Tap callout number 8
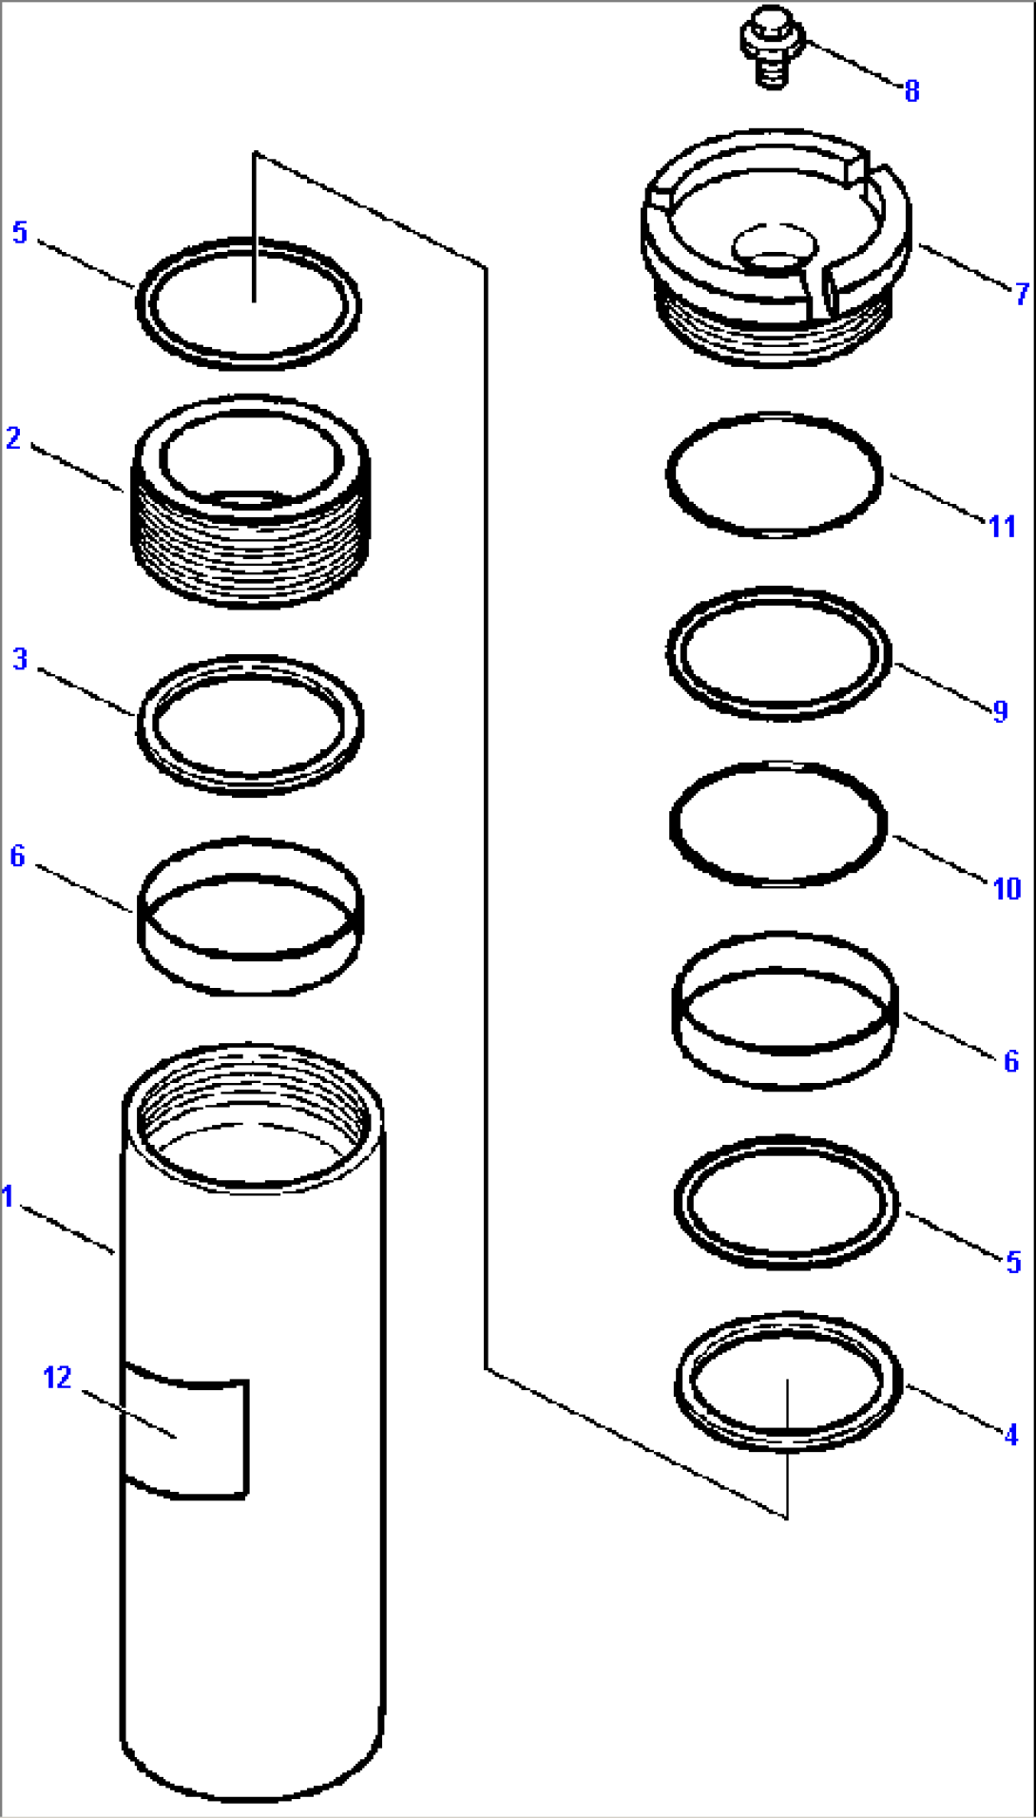(x=911, y=91)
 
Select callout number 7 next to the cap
(x=1021, y=294)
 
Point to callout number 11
(x=1002, y=526)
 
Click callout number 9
(x=999, y=711)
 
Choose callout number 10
(x=1006, y=889)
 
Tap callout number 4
(x=1011, y=1434)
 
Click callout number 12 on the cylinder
(x=57, y=1378)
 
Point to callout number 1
(x=9, y=1196)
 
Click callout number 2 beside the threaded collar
(x=13, y=438)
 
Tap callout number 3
(x=20, y=659)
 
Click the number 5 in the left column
(x=20, y=233)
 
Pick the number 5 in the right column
(x=1013, y=1262)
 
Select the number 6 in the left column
(x=17, y=856)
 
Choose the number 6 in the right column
(x=1011, y=1061)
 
